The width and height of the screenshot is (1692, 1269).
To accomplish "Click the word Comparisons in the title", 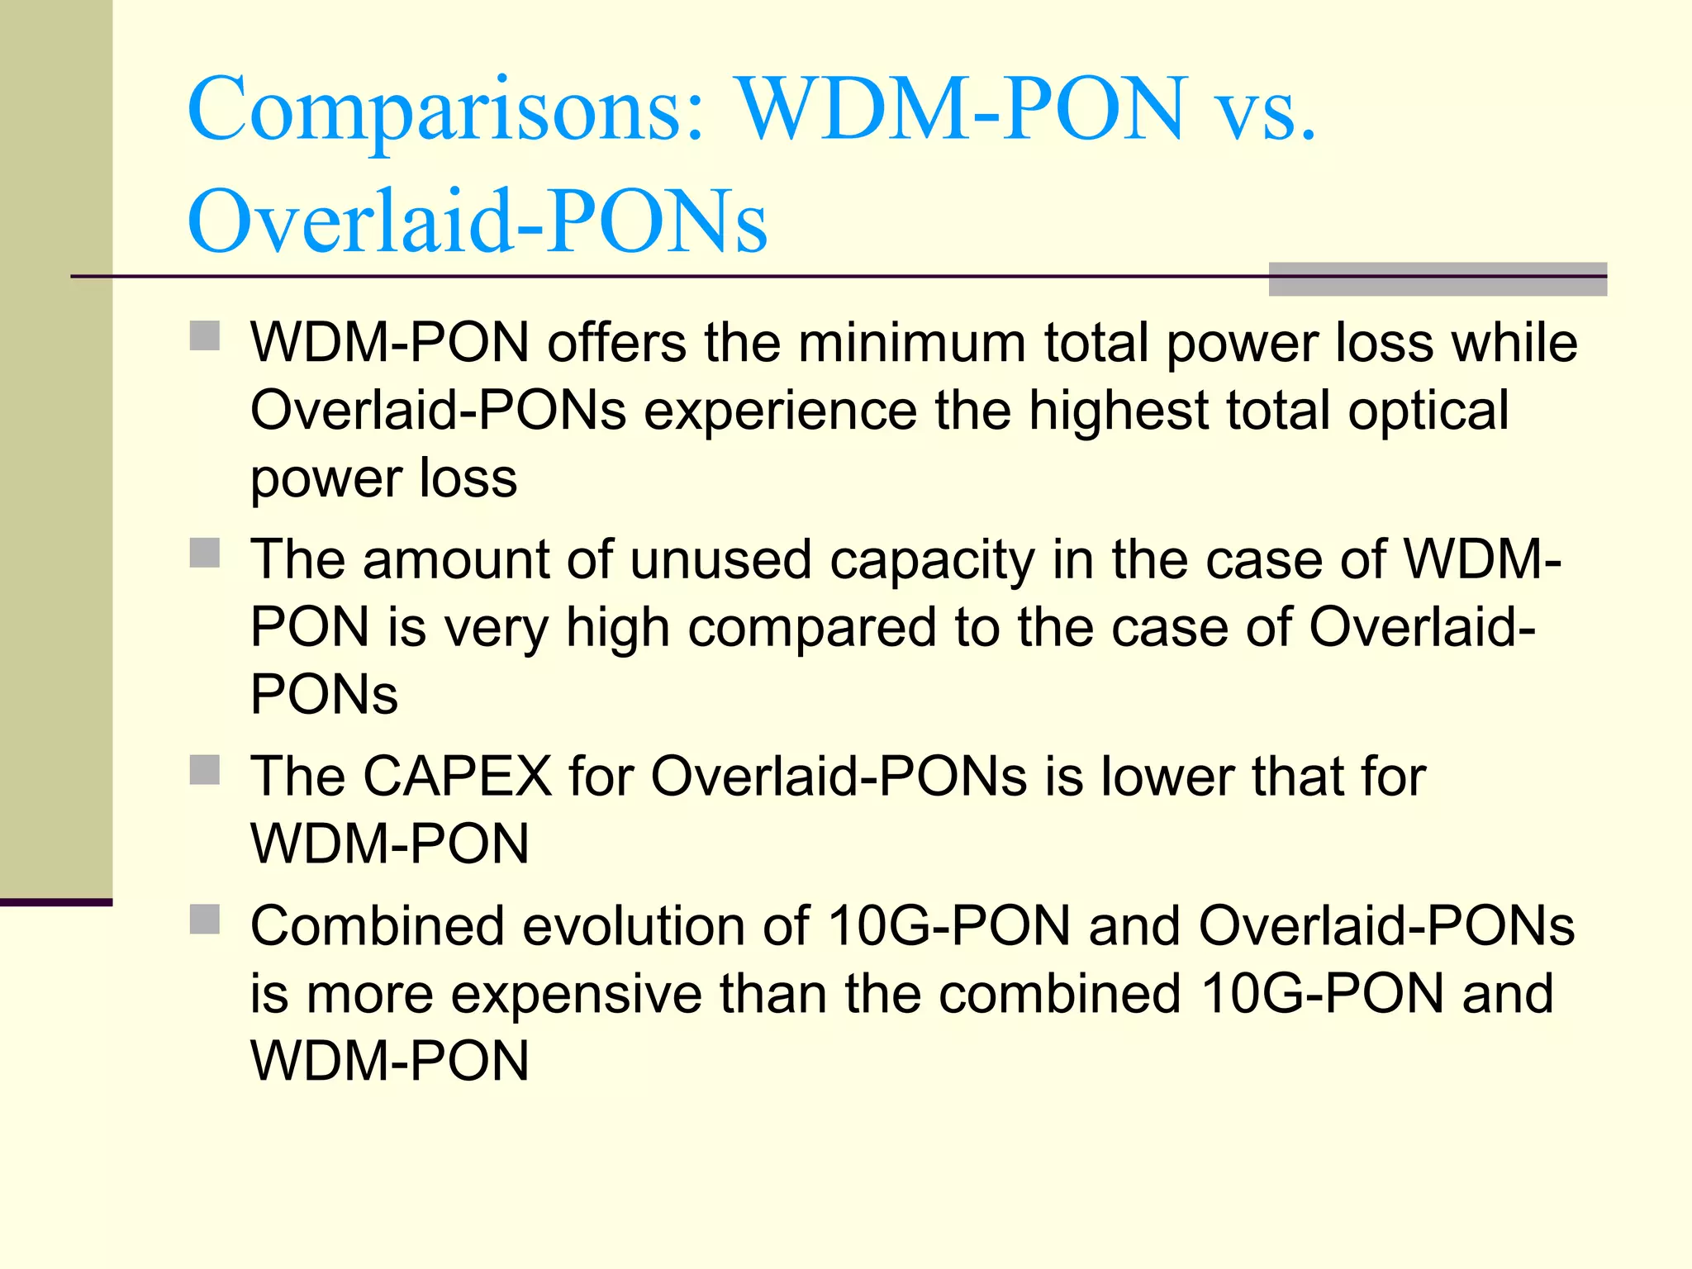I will (x=447, y=111).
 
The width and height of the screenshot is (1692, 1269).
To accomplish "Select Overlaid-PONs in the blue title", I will (x=478, y=221).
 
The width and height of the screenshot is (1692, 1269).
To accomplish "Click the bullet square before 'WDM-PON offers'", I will (x=205, y=336).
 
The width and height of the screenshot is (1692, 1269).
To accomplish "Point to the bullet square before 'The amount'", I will (x=205, y=553).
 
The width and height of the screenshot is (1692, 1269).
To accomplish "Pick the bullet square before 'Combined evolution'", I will (x=205, y=919).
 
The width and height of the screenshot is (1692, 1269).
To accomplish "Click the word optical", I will (x=1428, y=411).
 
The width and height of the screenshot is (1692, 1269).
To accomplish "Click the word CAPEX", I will (x=457, y=777).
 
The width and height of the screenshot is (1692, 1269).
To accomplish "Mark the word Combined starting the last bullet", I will (x=377, y=926).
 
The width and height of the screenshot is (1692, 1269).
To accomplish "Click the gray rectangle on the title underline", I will (x=1438, y=279).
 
